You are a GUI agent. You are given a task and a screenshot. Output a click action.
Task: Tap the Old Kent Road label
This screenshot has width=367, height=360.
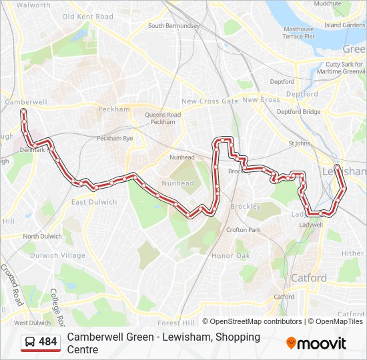click(87, 16)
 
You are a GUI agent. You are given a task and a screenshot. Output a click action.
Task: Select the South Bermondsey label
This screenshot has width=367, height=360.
click(173, 26)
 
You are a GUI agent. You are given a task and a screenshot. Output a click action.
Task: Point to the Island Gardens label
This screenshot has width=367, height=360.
click(344, 25)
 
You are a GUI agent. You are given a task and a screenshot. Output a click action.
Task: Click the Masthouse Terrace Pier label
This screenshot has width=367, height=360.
click(298, 33)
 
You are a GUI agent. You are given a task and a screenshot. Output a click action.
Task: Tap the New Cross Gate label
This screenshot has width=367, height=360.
click(210, 101)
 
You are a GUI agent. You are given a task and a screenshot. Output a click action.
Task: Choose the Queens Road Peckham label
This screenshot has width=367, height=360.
click(163, 118)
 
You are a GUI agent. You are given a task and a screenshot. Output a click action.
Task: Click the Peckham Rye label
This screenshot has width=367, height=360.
click(115, 138)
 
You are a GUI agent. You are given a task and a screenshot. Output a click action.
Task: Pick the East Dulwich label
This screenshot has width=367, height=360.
click(94, 202)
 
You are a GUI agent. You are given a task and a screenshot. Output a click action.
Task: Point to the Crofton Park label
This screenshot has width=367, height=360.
click(243, 230)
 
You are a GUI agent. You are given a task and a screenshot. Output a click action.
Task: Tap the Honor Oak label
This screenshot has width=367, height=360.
click(230, 256)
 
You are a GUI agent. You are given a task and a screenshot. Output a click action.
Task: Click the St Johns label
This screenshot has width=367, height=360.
click(299, 143)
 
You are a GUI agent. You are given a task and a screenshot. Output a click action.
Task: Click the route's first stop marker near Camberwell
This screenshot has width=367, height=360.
click(23, 111)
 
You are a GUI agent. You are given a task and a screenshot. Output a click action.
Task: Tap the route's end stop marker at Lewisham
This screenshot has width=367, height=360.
click(337, 167)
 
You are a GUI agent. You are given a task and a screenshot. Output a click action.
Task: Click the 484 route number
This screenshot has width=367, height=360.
click(48, 342)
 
